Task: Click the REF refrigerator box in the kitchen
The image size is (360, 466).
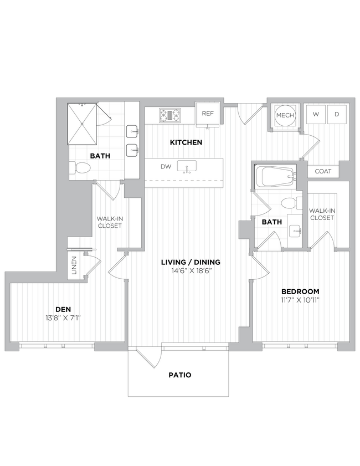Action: coord(208,114)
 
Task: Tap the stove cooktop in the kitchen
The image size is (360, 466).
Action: coord(171,115)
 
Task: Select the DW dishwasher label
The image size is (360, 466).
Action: coord(166,166)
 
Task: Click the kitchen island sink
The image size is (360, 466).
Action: coord(187,166)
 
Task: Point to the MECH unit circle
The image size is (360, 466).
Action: coord(285,115)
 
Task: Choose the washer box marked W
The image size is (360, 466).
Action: coord(316,115)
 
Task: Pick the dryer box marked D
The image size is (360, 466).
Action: coord(336,115)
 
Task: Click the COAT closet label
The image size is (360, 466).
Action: coord(323,171)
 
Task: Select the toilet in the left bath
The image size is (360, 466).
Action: coord(81,167)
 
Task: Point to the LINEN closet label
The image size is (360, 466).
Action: coord(74,264)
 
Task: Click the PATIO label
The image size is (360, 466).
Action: coord(180,375)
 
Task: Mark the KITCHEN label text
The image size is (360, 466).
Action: coord(186,142)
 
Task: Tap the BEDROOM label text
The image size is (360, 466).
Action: coord(300,291)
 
